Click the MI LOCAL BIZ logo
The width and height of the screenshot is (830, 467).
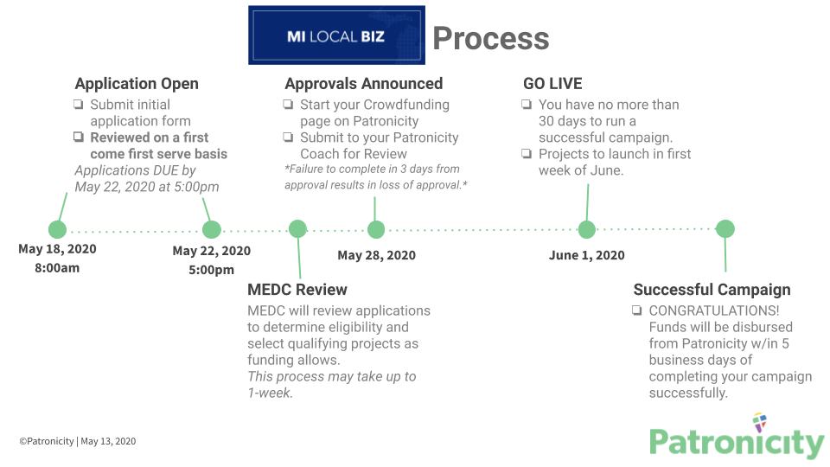tap(336, 35)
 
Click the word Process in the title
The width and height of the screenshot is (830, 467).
tap(490, 38)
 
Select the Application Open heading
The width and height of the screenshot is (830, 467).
tap(137, 84)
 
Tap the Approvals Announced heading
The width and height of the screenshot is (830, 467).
tap(363, 84)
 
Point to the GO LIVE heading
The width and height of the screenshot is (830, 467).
tap(552, 84)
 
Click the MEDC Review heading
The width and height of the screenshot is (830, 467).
tap(297, 290)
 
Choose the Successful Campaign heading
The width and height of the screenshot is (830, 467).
tap(712, 290)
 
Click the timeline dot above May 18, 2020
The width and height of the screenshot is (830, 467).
tap(57, 229)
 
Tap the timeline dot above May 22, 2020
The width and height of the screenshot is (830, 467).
tap(212, 229)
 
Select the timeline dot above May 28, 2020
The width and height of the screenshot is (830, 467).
tap(376, 229)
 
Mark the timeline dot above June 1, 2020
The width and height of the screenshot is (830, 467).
tap(587, 229)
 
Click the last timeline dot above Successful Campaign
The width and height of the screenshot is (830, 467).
tap(725, 229)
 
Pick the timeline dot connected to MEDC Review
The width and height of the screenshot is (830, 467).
tap(297, 229)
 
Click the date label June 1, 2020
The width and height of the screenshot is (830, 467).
tap(586, 255)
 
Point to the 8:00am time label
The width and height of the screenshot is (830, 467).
tap(57, 268)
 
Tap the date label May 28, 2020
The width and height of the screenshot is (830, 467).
tap(376, 255)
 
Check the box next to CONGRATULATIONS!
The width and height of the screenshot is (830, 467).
tap(637, 310)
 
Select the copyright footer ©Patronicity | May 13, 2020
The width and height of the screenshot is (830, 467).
tap(78, 441)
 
